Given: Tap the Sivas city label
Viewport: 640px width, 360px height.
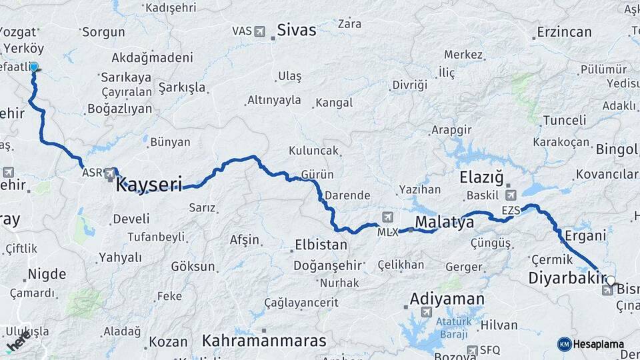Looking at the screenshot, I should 297,30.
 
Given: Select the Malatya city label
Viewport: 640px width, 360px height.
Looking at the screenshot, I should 444,221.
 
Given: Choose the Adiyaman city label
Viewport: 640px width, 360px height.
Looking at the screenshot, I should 447,298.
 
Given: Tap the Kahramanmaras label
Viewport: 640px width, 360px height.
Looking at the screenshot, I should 265,341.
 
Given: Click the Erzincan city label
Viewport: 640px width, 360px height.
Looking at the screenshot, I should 564,32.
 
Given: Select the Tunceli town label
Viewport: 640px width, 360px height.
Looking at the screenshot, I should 564,120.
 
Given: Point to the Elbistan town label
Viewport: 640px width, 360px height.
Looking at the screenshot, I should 321,245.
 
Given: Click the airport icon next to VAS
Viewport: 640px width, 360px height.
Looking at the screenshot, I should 259,31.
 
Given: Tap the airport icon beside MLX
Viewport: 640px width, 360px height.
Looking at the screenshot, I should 387,217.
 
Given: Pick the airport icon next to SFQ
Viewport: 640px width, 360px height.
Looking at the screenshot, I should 473,350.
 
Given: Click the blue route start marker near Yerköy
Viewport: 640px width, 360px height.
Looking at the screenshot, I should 33,67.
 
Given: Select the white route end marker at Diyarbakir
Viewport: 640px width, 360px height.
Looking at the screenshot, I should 611,281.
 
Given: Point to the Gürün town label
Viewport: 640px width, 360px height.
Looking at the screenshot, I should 317,174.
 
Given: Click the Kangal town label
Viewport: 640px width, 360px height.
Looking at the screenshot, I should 333,103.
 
